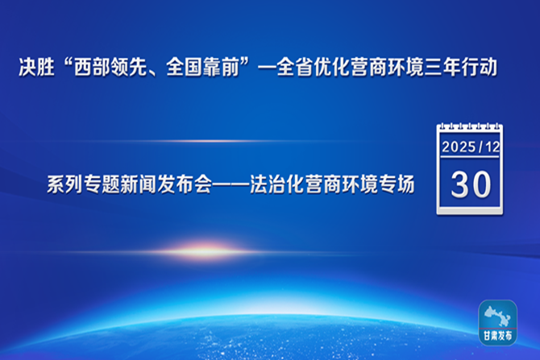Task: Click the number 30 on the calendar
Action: [471, 184]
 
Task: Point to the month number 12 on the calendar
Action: [492, 149]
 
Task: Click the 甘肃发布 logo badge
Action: [497, 322]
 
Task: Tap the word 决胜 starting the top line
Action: [33, 68]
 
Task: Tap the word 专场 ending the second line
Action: [398, 185]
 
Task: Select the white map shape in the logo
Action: [497, 315]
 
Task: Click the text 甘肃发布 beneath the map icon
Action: [497, 334]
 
